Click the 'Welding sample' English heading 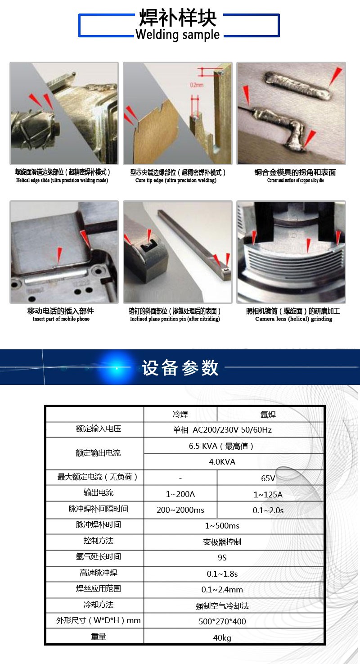[x=177, y=35]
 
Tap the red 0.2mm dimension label [x=197, y=85]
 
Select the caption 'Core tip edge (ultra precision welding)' [x=175, y=180]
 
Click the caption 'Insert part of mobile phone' [x=61, y=319]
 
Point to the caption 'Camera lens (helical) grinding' [x=294, y=319]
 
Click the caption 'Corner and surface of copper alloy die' [x=295, y=180]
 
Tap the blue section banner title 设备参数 [x=180, y=368]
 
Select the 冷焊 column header [x=180, y=414]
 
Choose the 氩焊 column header [x=268, y=415]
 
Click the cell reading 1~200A [x=180, y=494]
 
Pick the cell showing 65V [x=268, y=478]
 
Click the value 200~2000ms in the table [x=180, y=510]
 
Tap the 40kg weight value [x=222, y=637]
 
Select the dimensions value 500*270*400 [x=222, y=621]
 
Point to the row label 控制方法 [x=99, y=540]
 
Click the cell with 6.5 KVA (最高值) [x=221, y=446]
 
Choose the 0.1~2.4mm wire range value [x=222, y=590]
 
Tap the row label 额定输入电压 [x=99, y=429]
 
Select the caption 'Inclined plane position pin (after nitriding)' [x=175, y=319]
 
